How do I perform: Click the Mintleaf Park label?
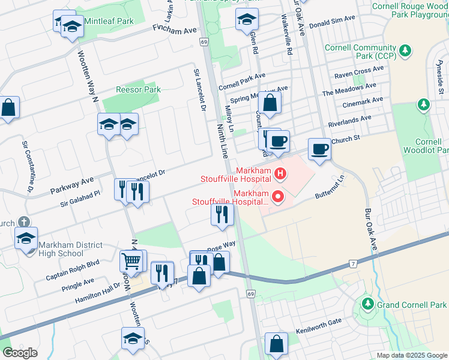tap(109, 21)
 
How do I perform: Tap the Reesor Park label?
tap(139, 89)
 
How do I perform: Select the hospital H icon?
tap(280, 175)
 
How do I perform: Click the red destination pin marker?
tap(277, 196)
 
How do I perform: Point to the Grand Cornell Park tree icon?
tap(367, 305)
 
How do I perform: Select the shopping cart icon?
tap(131, 262)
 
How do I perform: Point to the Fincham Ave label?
tap(175, 29)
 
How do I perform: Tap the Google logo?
tap(20, 353)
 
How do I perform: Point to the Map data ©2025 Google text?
tap(412, 355)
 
